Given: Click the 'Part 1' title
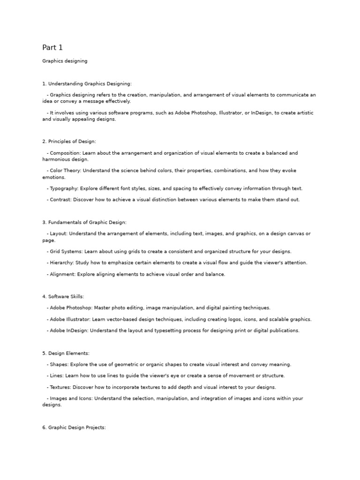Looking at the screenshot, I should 52,47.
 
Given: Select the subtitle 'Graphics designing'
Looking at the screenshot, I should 65,61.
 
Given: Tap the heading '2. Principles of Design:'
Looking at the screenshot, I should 69,142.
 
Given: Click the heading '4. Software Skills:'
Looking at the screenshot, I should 63,297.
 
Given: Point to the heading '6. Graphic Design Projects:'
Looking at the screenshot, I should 74,428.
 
